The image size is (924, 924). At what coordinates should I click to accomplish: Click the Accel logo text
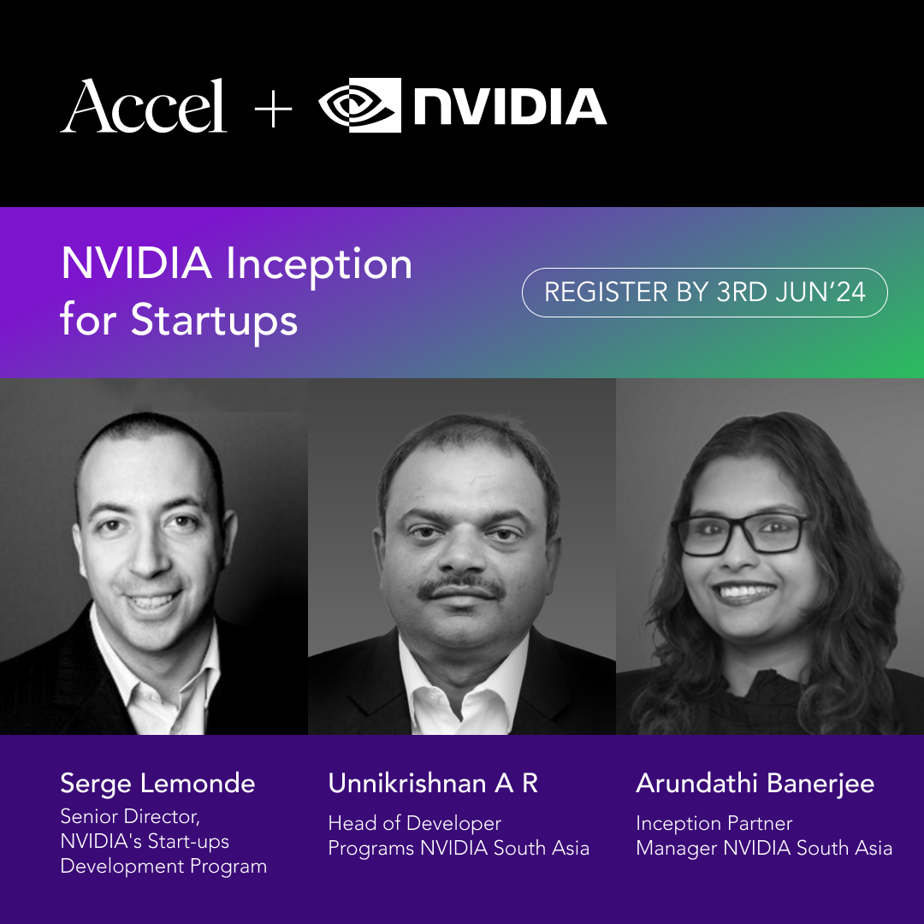143,106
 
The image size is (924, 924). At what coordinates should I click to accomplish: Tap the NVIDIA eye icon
359,105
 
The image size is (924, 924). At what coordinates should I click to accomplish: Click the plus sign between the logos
273,109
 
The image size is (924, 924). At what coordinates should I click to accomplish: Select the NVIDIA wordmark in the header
510,107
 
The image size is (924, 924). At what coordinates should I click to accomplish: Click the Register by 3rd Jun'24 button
705,293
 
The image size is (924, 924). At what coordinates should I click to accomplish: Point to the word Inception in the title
319,265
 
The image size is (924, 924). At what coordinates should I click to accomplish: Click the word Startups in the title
214,322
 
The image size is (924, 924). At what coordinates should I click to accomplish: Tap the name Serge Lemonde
157,783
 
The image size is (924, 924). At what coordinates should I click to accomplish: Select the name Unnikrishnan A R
433,783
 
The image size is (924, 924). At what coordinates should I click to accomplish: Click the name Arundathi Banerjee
755,784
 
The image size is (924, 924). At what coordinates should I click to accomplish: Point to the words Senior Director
130,817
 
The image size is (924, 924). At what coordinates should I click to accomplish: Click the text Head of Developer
415,823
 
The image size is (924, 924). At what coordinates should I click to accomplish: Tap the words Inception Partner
714,824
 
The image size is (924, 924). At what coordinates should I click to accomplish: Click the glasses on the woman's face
741,533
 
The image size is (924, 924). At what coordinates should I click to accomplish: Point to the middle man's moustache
461,588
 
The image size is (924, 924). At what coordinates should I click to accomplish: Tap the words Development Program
163,867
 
